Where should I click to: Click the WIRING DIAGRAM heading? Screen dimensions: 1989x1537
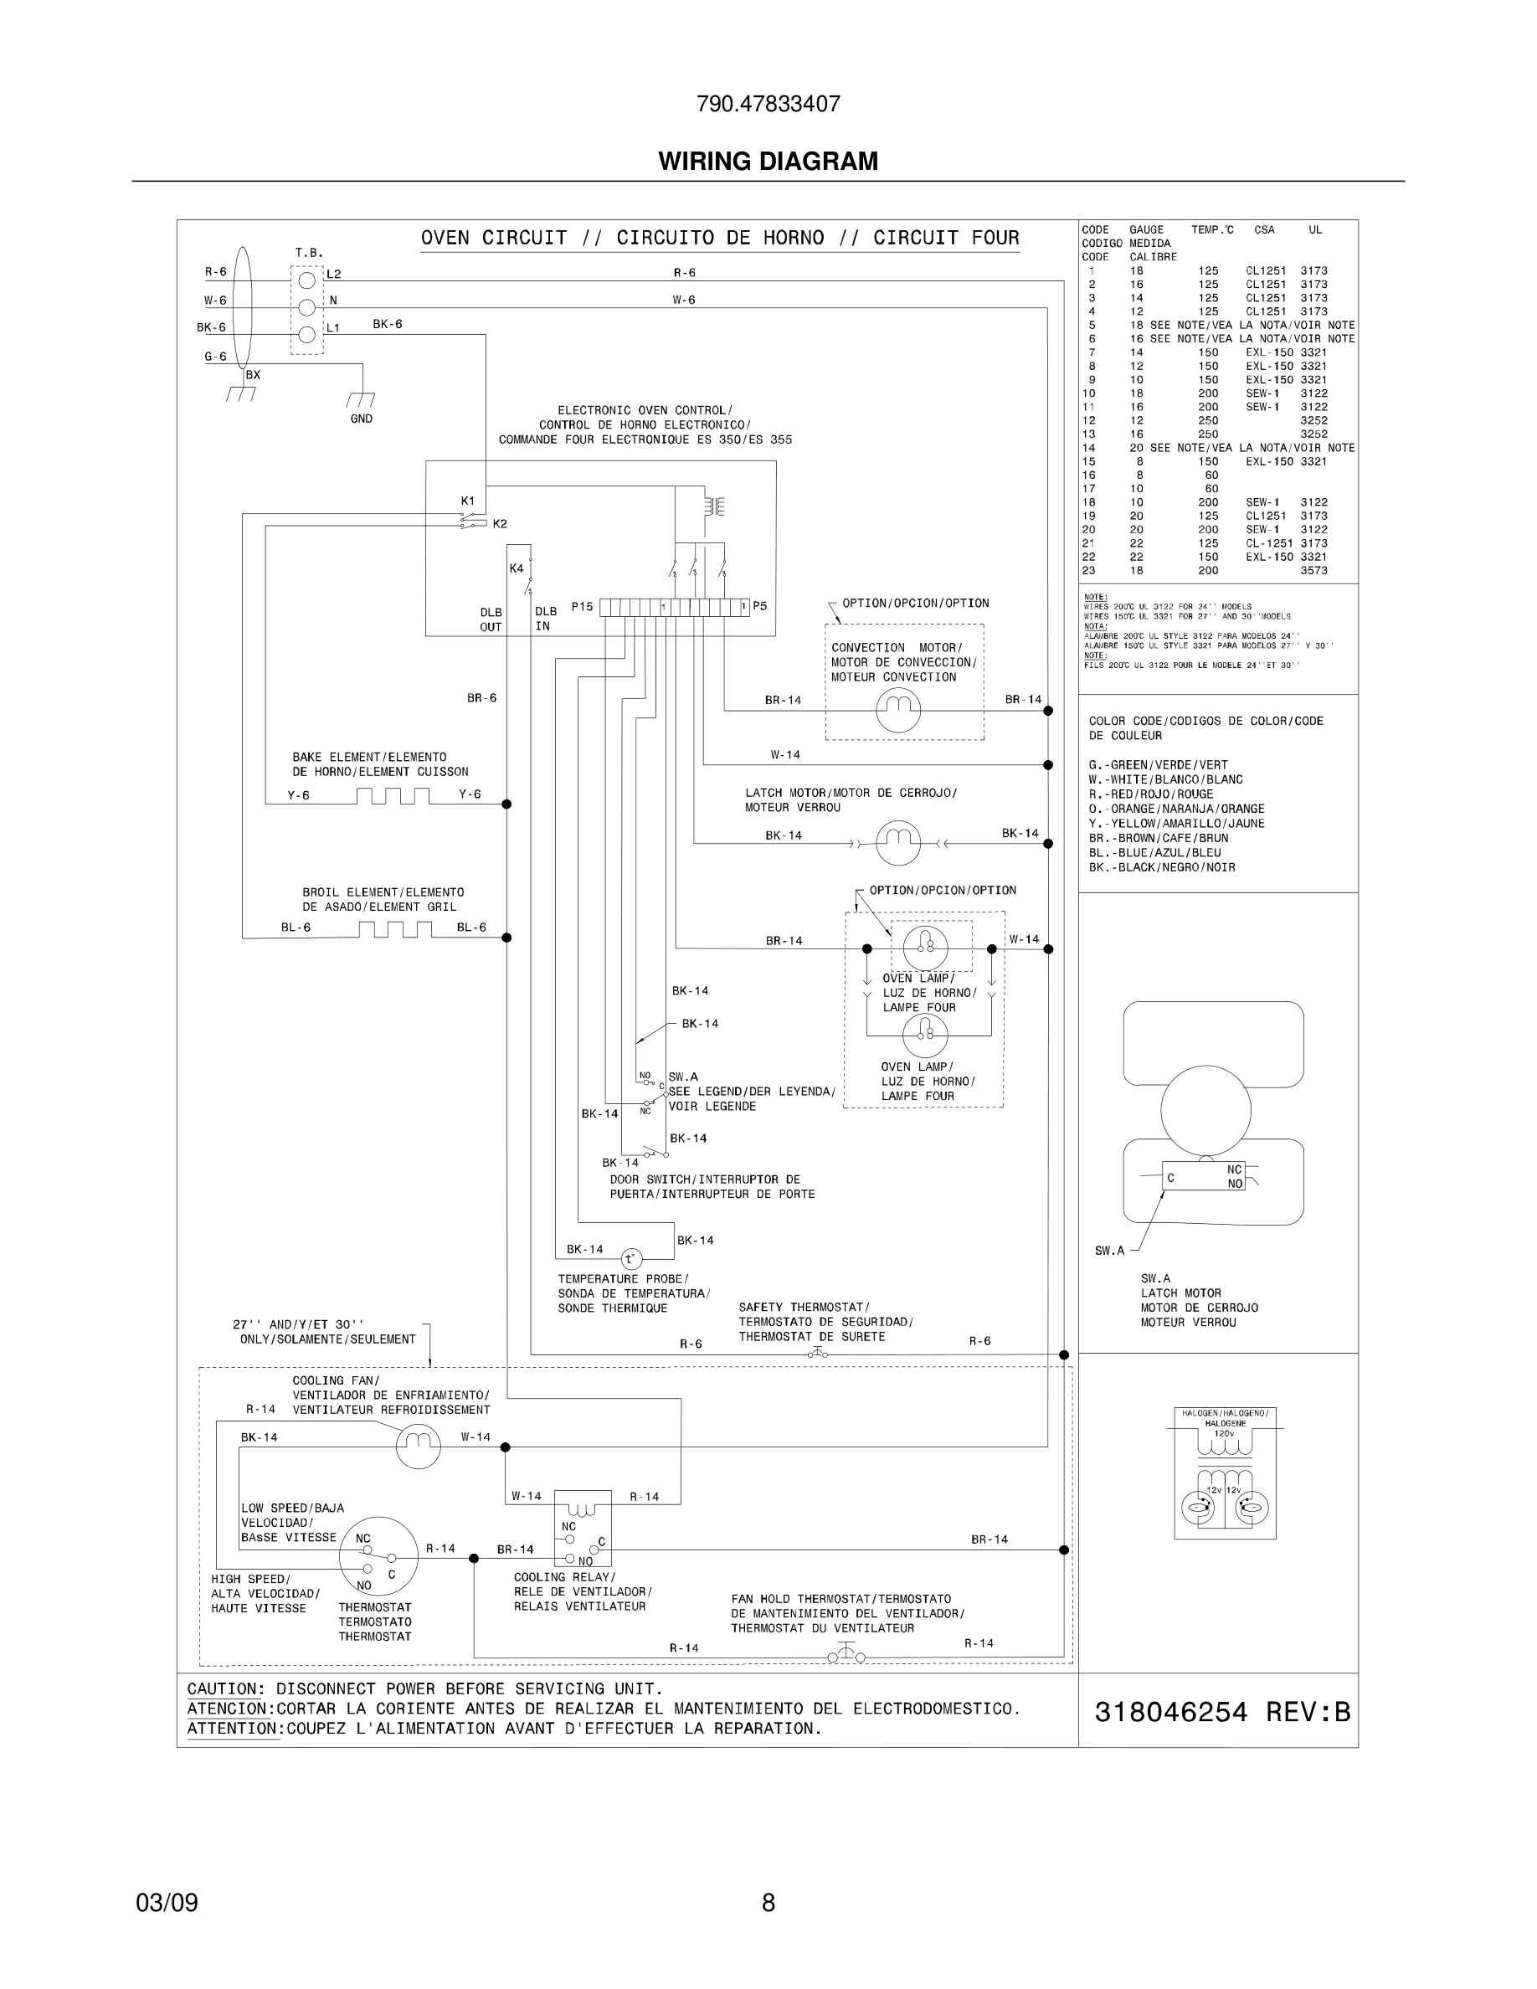tap(768, 162)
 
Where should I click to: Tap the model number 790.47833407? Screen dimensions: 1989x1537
tap(768, 104)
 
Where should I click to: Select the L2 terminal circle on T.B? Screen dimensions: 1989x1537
tap(307, 280)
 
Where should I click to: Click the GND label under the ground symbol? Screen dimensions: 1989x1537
tap(362, 419)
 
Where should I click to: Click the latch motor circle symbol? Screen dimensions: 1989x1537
tap(897, 842)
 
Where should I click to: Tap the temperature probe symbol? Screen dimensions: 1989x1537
tap(631, 1258)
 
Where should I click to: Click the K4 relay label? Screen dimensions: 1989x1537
tap(517, 568)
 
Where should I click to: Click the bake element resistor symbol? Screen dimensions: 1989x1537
tap(393, 796)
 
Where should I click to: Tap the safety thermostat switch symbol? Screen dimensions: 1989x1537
tap(818, 1354)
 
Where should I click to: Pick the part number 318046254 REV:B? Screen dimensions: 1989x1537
tap(1222, 1713)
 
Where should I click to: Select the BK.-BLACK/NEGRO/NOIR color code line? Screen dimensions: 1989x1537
tap(1162, 867)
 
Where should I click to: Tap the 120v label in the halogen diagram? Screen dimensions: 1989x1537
tap(1224, 1433)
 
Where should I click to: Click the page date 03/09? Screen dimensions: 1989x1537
tap(167, 1903)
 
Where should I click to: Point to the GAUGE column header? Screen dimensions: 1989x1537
tap(1146, 229)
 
